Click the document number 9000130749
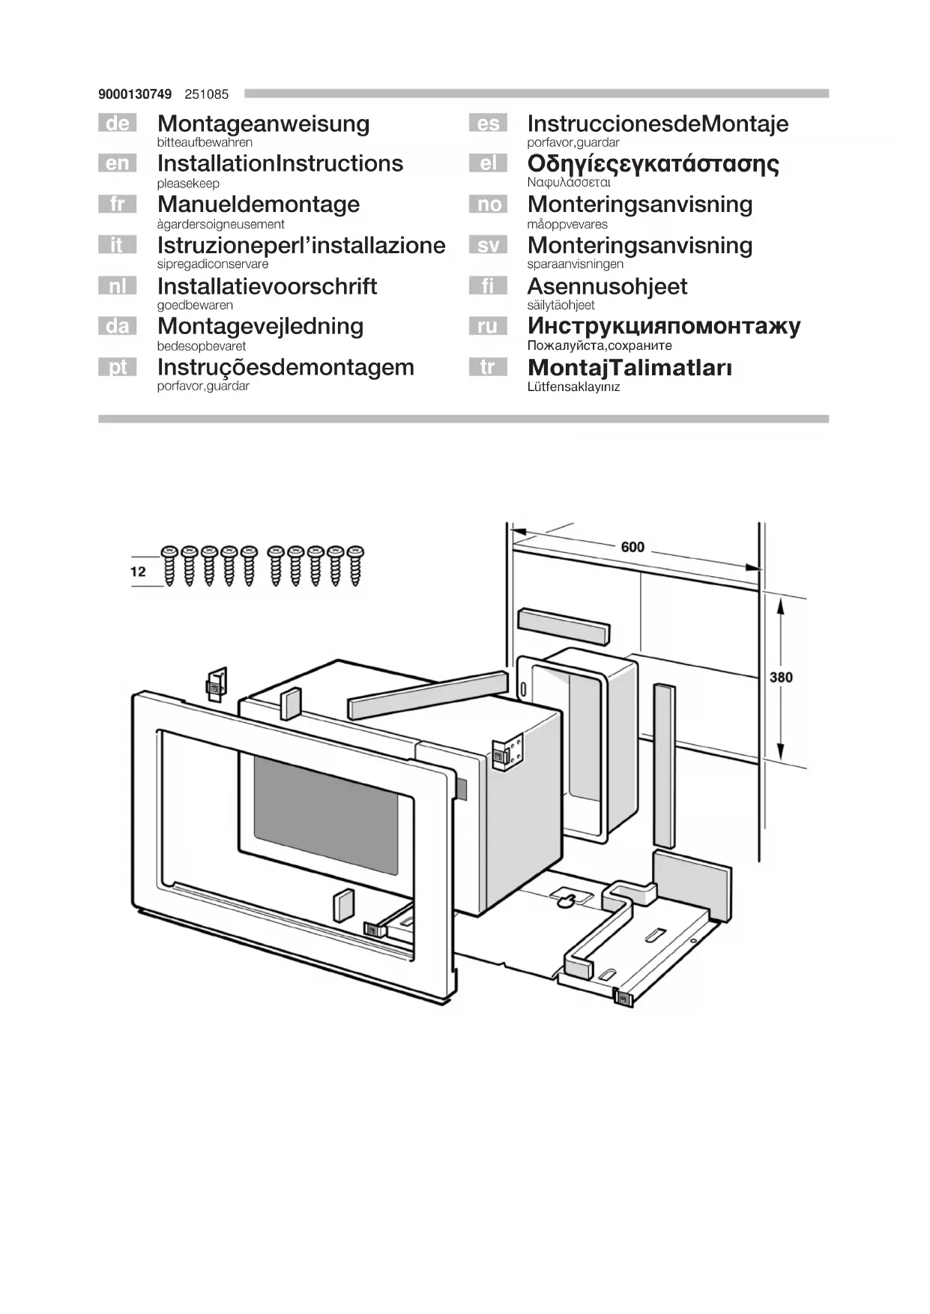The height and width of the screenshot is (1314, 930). point(135,94)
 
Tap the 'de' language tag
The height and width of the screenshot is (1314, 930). point(117,123)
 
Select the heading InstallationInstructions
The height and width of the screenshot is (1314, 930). point(280,163)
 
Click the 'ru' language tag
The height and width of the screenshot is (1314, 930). point(488,326)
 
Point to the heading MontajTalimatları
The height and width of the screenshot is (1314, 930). point(629,367)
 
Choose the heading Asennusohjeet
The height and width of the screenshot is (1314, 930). point(607,286)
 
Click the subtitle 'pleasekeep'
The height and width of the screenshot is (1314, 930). point(188,184)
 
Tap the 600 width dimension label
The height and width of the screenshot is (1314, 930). point(632,547)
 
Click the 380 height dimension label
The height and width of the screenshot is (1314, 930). point(781,677)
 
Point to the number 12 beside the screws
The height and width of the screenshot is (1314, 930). point(138,572)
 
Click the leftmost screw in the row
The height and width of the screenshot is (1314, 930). point(169,566)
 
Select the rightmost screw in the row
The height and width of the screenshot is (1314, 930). point(354,566)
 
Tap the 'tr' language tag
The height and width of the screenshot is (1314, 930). point(488,367)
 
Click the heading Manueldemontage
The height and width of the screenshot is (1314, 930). point(259,205)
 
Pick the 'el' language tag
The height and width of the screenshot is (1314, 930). point(488,163)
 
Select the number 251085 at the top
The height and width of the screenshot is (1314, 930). point(206,94)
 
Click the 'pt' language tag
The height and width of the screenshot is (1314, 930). point(117,367)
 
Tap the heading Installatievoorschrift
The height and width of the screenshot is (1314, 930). point(267,286)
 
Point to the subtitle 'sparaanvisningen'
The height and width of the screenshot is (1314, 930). point(575,264)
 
